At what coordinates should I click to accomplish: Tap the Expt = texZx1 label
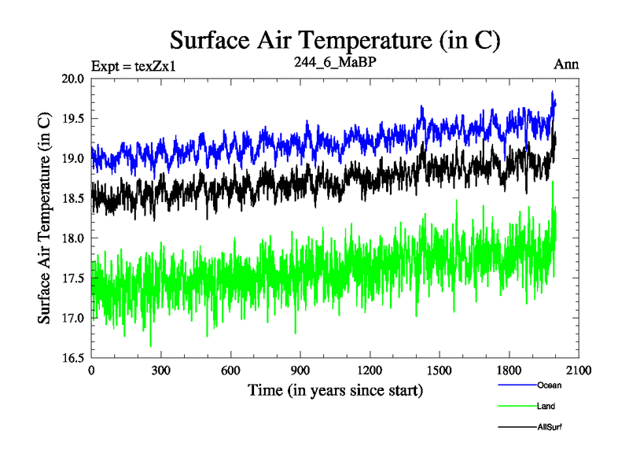(133, 65)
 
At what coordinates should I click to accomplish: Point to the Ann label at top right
(566, 65)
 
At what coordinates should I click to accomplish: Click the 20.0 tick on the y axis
(74, 79)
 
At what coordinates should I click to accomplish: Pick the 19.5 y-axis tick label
(74, 119)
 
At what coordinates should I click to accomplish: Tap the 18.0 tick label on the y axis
(74, 238)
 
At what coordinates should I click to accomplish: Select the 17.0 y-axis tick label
(74, 318)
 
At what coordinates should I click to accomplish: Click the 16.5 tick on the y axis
(74, 358)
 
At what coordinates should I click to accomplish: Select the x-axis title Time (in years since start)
(336, 390)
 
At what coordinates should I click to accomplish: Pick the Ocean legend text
(550, 385)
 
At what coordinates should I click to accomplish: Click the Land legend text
(546, 407)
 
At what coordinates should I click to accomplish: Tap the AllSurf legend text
(550, 427)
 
